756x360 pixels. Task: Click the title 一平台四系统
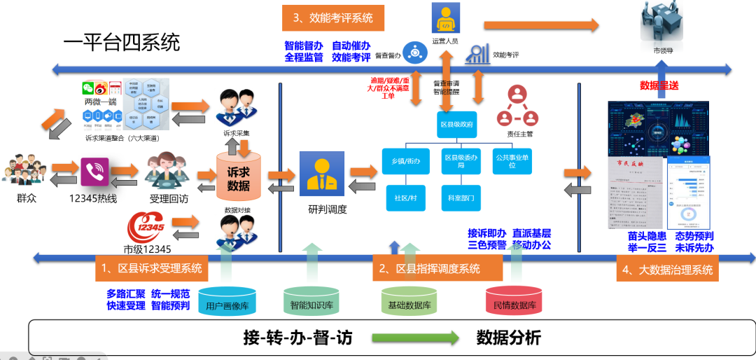coord(121,43)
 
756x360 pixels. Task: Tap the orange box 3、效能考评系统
coord(333,18)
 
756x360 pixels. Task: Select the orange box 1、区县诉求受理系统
coord(151,268)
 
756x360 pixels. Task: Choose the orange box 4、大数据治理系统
coord(668,270)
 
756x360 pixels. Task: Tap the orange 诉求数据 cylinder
coord(238,176)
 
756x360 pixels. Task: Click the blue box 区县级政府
coord(457,124)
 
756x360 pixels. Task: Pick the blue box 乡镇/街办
coord(406,160)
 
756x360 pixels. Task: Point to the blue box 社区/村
coord(406,198)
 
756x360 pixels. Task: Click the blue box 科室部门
coord(461,198)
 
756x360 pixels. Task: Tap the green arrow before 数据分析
coord(414,338)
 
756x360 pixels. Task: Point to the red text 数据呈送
coord(659,85)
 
